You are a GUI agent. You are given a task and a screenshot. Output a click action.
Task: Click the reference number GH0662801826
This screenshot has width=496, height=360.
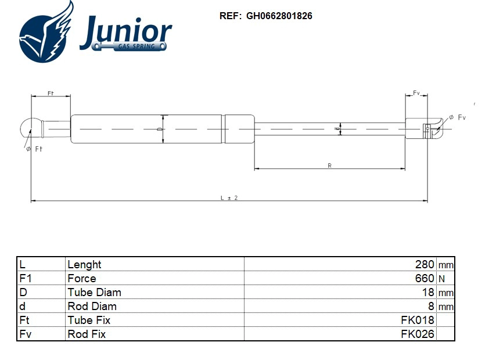[x=279, y=16]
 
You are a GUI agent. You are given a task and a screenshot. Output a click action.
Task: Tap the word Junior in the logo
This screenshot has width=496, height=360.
[x=125, y=31]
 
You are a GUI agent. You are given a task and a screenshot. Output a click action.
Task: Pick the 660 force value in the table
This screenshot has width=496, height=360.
[x=425, y=279]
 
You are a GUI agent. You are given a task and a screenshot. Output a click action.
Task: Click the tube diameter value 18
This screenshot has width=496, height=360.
[x=428, y=293]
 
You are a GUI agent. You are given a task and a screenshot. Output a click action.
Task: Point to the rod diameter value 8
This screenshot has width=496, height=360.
[x=431, y=307]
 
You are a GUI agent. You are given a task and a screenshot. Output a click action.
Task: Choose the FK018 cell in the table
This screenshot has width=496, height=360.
[x=418, y=321]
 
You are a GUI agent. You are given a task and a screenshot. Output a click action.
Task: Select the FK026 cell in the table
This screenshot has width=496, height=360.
[x=418, y=334]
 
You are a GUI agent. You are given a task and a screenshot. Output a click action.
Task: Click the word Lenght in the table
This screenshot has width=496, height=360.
[x=85, y=265]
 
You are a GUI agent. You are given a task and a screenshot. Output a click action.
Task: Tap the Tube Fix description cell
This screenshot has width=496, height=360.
[x=89, y=321]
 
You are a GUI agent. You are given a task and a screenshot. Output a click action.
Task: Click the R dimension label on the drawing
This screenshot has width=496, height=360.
[x=329, y=166]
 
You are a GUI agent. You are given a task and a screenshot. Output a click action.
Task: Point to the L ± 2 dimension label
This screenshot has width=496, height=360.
[x=229, y=198]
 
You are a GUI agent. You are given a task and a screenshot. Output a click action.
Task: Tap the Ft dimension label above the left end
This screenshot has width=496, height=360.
[x=51, y=93]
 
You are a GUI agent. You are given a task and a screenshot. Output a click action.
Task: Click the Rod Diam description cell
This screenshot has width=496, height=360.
[x=92, y=307]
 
